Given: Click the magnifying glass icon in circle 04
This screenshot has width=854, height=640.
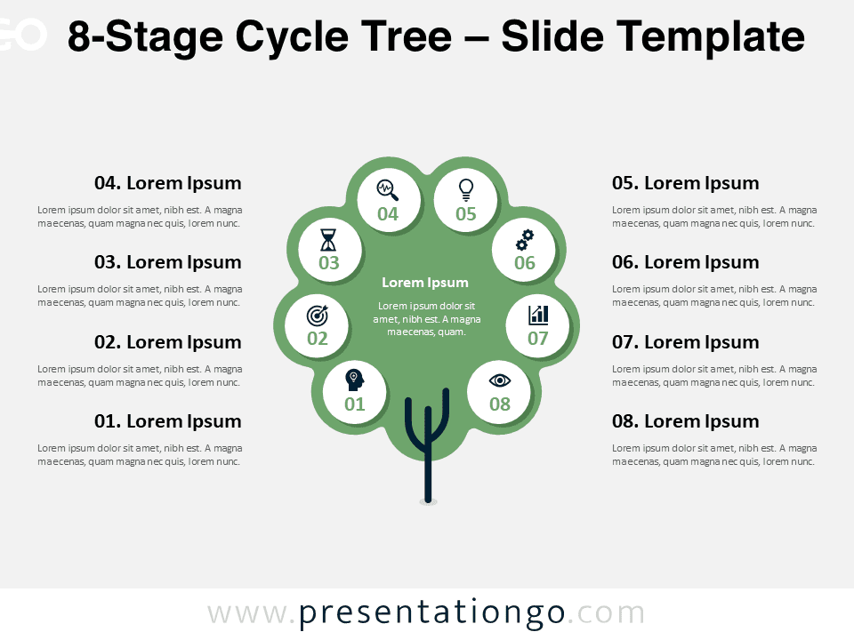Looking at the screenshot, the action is [x=388, y=190].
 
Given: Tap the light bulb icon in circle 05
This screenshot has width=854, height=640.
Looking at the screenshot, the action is [x=465, y=190].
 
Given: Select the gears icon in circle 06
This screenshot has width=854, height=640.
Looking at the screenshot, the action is [x=525, y=240].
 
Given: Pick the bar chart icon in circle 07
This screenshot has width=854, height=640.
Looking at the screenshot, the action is [x=538, y=315].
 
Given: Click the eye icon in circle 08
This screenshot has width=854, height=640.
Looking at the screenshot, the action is [x=499, y=380].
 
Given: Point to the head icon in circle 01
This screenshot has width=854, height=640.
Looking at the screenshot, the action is [x=355, y=380].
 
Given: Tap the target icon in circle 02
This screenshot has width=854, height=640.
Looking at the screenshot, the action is [x=318, y=316].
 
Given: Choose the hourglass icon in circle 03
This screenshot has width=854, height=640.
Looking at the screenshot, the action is [x=328, y=239].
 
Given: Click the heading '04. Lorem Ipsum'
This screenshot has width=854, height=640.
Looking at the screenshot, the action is [x=168, y=183].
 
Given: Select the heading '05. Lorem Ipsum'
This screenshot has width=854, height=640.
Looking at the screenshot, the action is [x=685, y=183].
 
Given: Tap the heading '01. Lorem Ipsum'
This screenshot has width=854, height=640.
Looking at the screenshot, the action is [x=168, y=421].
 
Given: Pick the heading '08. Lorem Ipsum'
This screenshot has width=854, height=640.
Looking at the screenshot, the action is [x=685, y=421].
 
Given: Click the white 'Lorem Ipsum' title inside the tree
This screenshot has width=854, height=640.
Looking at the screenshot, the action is [x=425, y=283].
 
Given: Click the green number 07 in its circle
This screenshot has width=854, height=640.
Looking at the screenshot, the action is [x=538, y=339].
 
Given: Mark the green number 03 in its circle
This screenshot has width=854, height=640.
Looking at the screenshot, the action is [x=329, y=263].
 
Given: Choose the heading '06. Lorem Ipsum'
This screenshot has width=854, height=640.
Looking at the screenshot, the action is [x=685, y=262].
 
